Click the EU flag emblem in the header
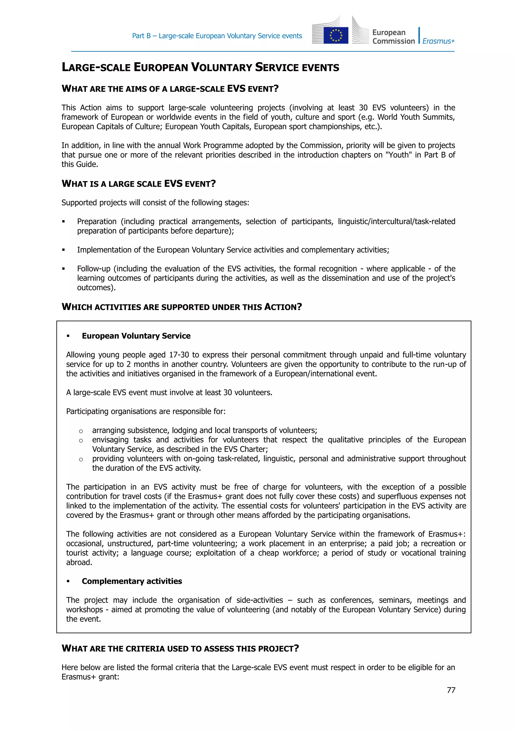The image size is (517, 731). tap(335, 35)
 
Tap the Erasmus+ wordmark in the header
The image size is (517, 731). tap(438, 41)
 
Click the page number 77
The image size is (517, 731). tap(451, 690)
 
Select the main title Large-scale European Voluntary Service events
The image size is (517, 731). tap(200, 67)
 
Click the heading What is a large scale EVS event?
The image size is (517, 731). tap(139, 184)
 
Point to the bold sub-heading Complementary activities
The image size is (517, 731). tap(132, 581)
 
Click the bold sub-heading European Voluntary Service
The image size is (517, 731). tap(136, 336)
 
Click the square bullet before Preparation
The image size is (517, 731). tap(63, 222)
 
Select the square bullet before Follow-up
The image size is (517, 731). tap(63, 269)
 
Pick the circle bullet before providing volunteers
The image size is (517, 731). tap(81, 459)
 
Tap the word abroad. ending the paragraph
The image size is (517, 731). tap(79, 562)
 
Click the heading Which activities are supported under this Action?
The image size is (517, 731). tap(182, 307)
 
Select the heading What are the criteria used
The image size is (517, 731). tap(180, 648)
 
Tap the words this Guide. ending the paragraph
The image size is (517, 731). tap(80, 164)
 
